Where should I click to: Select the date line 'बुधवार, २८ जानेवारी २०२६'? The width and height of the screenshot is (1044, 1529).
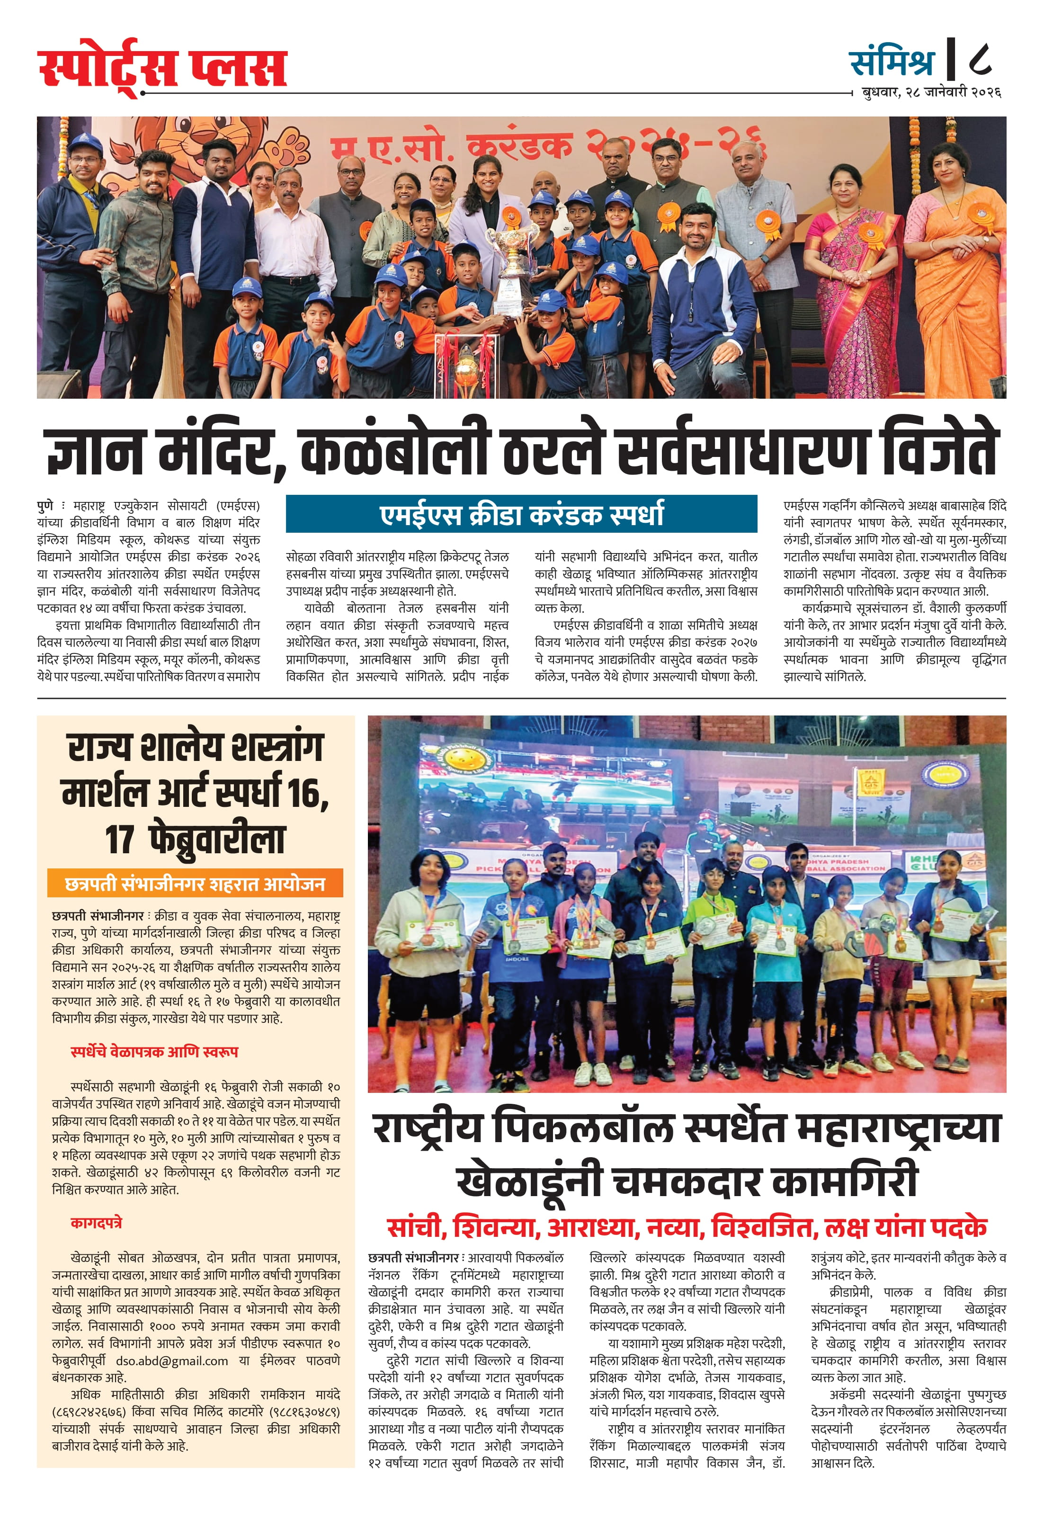tap(931, 92)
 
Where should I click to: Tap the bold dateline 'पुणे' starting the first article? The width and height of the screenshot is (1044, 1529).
tap(45, 505)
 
